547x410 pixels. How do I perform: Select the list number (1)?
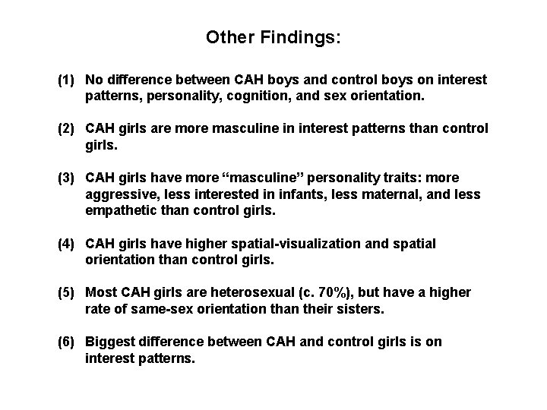coord(68,80)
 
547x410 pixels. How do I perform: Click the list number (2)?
coord(68,128)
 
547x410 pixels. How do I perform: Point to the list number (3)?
coord(68,178)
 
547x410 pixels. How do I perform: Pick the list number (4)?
coord(68,243)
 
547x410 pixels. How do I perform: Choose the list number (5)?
coord(68,292)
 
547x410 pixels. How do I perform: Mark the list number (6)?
coord(68,342)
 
